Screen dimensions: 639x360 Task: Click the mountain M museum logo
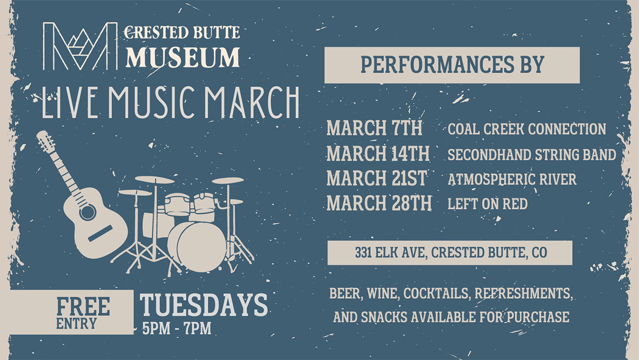80,46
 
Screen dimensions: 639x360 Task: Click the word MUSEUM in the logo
183,57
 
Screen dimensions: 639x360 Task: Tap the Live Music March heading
170,102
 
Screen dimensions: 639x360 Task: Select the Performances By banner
452,65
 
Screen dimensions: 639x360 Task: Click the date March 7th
374,128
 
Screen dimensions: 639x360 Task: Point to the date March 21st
377,178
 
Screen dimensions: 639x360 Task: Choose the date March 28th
379,203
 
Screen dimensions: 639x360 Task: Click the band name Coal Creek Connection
527,129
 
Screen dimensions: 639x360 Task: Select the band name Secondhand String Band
532,154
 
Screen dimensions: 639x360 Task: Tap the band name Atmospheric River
512,179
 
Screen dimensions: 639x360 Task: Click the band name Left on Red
487,204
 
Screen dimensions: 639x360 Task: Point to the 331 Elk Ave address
451,252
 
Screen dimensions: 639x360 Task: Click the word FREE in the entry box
83,306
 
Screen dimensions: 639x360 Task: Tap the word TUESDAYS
204,304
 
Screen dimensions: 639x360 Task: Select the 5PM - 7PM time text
177,328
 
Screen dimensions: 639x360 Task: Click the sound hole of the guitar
88,212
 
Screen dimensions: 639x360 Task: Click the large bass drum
202,247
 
